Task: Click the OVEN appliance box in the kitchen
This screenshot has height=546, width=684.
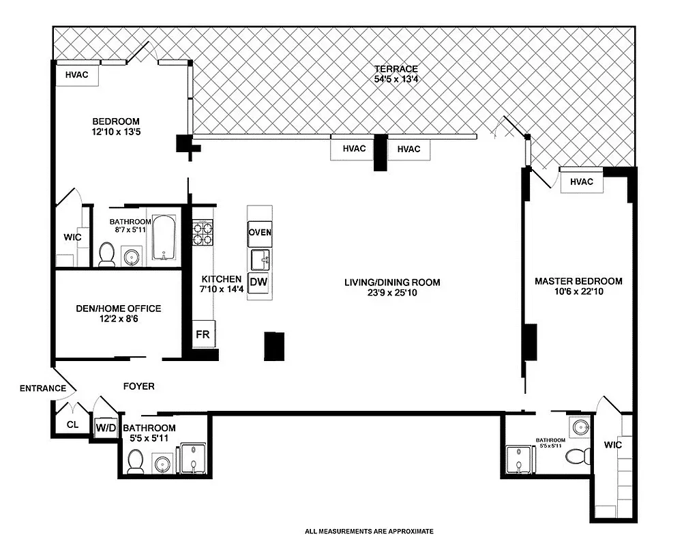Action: (x=259, y=232)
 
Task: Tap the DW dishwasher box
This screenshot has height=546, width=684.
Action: (x=257, y=283)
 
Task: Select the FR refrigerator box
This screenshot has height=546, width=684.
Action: (x=203, y=335)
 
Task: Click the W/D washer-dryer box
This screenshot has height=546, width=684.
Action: (x=106, y=427)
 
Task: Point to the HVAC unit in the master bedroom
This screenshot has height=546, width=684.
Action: (x=581, y=182)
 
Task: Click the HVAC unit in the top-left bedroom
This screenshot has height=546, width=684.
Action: (x=76, y=75)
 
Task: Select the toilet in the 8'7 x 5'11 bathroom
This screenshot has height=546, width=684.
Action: (x=106, y=254)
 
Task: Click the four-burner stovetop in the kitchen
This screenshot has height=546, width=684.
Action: (x=203, y=232)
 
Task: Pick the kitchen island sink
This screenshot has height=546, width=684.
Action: (x=260, y=259)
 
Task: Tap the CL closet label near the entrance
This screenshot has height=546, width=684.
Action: (x=72, y=425)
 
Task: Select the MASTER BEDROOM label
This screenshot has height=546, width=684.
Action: (x=578, y=281)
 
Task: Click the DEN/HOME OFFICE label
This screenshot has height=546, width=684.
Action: (x=118, y=308)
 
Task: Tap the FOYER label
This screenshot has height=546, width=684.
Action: (x=138, y=386)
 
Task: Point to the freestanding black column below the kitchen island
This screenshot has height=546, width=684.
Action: (x=274, y=346)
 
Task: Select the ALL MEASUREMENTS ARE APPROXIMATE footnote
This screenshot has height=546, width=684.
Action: (x=369, y=531)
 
